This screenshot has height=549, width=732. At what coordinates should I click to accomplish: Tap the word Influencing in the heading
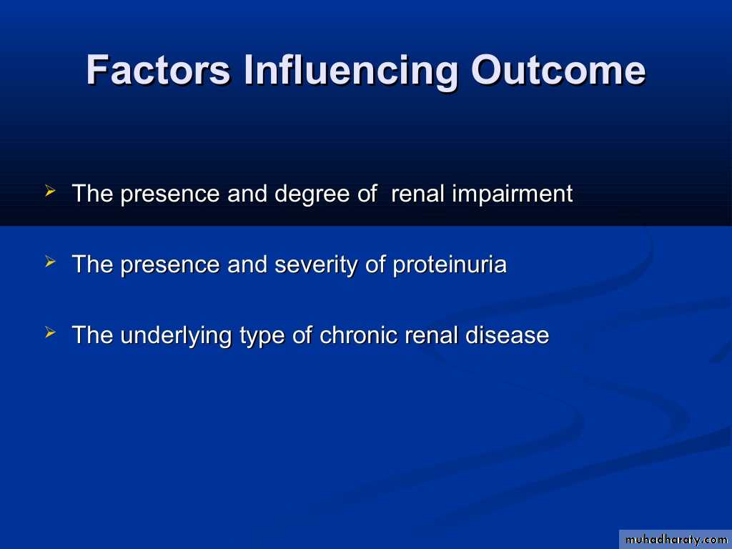(350, 71)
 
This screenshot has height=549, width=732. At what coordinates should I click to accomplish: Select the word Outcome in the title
(558, 70)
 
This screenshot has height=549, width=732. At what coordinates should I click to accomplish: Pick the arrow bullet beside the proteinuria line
(51, 262)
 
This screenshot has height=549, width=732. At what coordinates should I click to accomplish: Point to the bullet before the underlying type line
(51, 332)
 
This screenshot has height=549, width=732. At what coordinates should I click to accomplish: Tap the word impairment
(512, 194)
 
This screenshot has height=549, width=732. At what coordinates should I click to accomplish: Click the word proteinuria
(450, 265)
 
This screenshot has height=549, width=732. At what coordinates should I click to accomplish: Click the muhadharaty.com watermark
(676, 540)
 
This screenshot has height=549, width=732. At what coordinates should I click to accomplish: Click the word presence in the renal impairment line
(170, 194)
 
